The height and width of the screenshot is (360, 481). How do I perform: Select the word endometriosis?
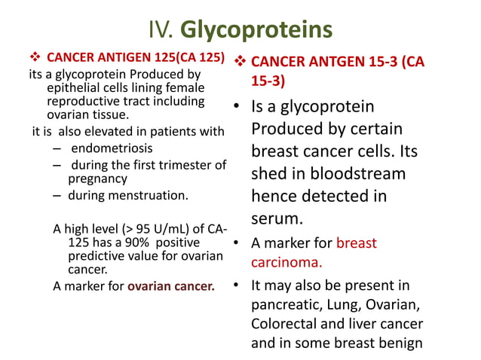111,148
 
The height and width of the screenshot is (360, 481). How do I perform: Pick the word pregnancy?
98,179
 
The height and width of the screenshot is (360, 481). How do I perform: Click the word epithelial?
73,88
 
